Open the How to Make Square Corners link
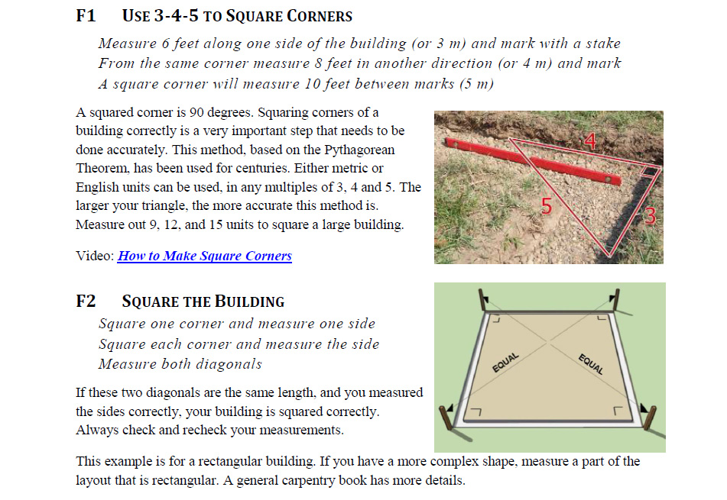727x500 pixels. pos(205,256)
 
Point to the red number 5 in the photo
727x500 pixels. pos(546,205)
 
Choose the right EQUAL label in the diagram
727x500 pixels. pos(592,363)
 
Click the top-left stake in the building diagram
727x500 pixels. pos(482,300)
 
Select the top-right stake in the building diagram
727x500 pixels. pos(615,301)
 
